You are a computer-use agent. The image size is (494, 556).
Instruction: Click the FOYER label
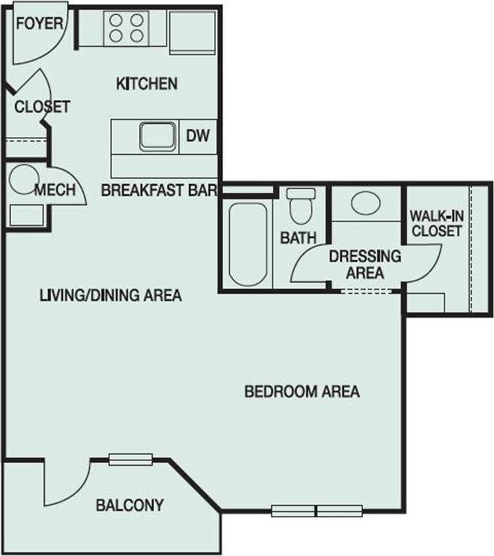tap(40, 24)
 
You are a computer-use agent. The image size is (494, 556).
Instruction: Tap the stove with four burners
tap(126, 28)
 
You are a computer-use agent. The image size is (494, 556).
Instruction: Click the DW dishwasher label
tap(197, 136)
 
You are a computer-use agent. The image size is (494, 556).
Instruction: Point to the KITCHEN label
tap(146, 84)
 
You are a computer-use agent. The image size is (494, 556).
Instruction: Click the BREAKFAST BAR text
tap(159, 191)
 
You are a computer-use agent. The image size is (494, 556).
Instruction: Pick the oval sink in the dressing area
tap(365, 202)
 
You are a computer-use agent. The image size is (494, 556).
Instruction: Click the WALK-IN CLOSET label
tap(435, 223)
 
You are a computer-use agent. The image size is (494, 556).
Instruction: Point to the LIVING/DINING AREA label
tap(111, 294)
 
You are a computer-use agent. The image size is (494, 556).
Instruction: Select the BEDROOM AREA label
tap(302, 392)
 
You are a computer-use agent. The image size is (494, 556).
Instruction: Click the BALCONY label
tap(130, 506)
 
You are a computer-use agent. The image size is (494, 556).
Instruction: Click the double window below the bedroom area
tap(317, 511)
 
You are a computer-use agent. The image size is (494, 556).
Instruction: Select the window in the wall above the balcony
tap(130, 460)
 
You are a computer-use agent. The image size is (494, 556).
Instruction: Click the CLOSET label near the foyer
tap(42, 107)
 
